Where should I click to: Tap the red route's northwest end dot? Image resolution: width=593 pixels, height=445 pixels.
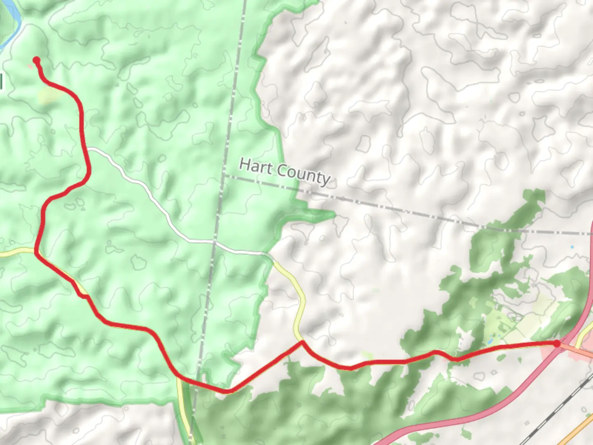(x=36, y=60)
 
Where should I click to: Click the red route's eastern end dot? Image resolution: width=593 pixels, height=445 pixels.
(x=557, y=343)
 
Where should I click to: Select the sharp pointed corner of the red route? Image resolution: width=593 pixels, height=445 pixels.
(x=302, y=342)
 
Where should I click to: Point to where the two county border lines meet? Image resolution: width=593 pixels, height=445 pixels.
(x=223, y=176)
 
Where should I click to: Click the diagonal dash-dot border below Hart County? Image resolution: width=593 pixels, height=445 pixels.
(x=412, y=211)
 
